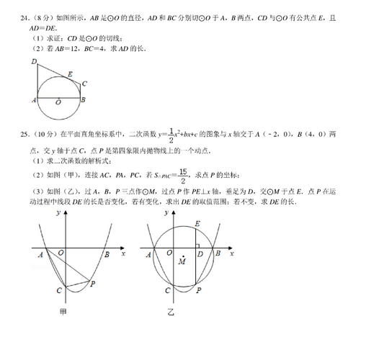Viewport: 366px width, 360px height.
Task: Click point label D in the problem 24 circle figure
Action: coord(35,62)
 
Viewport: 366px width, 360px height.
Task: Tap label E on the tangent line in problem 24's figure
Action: coord(70,73)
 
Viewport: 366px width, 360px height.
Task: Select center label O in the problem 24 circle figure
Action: coord(58,103)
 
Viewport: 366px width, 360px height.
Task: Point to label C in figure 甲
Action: coord(58,290)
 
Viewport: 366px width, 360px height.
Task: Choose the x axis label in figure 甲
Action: coord(123,254)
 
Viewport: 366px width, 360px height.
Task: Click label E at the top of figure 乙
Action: coord(198,225)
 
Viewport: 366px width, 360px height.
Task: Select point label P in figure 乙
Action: coord(199,290)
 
